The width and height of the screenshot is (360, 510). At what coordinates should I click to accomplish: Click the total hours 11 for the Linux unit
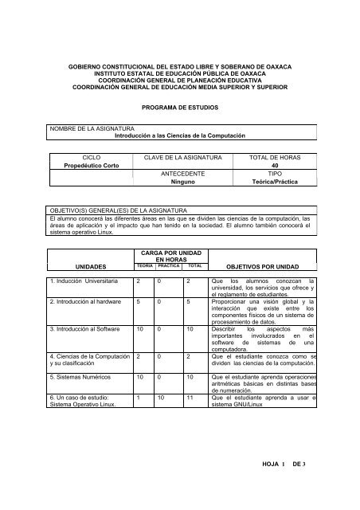click(x=190, y=396)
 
